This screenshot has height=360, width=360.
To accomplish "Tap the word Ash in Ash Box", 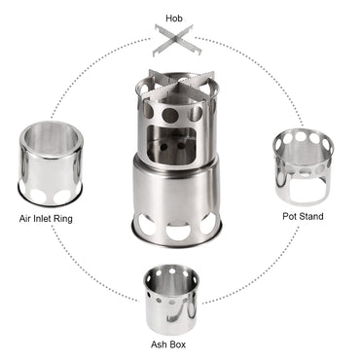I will coord(160,344).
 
